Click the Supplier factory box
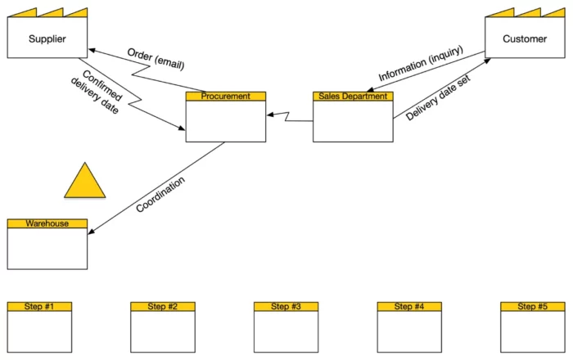(47, 38)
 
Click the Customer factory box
(525, 38)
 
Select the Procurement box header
(225, 97)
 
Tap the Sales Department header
(353, 97)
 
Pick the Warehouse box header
(47, 223)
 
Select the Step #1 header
(39, 307)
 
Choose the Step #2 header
(163, 307)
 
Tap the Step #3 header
(286, 307)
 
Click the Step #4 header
(409, 307)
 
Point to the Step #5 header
(532, 307)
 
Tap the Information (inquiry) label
(420, 64)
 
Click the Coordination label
(160, 195)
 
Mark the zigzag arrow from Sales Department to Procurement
(288, 119)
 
